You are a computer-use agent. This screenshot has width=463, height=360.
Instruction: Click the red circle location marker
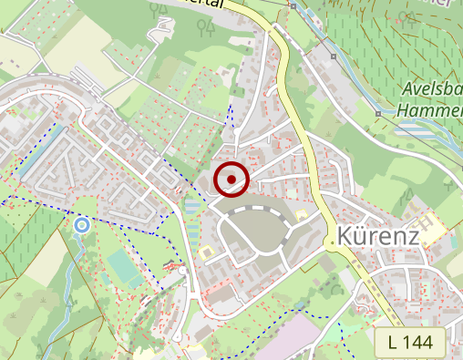231,179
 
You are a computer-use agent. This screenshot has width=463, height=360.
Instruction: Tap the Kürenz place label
377,235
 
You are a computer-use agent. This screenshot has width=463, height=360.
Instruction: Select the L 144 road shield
409,343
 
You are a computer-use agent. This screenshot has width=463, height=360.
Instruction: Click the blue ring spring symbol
82,224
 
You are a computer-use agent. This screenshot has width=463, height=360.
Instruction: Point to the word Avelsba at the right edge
433,90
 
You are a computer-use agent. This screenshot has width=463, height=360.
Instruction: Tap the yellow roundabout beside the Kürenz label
328,243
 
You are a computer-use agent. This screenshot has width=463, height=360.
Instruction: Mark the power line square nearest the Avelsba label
378,113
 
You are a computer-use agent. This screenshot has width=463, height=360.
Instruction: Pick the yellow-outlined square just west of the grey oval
208,249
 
